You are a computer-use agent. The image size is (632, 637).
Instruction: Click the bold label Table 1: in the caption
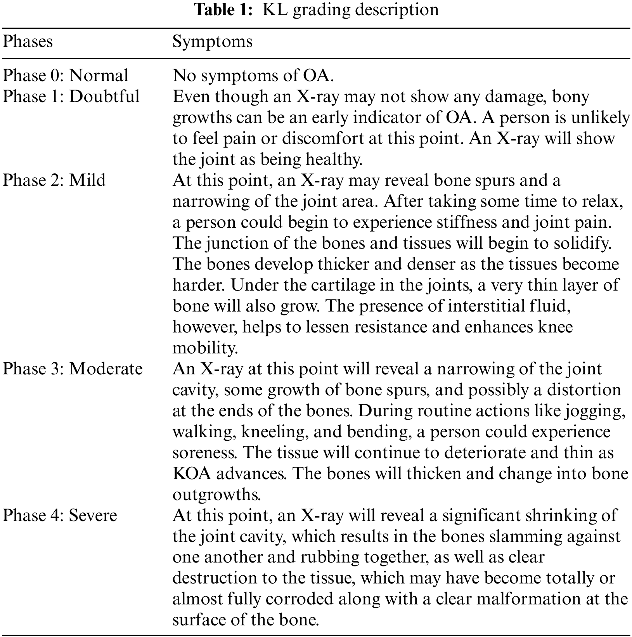223,10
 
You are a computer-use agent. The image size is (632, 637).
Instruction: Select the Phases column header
28,42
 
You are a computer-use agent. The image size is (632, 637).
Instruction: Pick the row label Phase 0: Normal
65,76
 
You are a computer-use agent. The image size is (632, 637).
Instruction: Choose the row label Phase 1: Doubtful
71,97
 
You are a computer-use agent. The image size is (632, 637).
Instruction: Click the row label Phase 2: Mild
54,180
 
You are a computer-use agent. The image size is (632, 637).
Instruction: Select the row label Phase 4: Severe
60,516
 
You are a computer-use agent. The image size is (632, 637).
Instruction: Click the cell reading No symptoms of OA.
253,76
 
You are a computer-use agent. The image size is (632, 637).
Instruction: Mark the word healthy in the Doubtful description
334,159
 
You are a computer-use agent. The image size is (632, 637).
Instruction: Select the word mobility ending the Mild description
205,348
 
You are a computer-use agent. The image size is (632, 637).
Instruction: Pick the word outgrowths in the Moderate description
216,495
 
